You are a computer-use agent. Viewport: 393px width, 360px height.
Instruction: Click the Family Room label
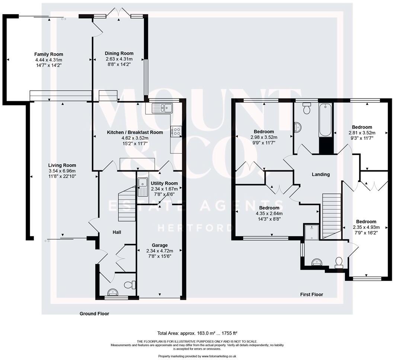click(x=49, y=54)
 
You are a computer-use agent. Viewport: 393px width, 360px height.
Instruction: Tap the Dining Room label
click(x=119, y=54)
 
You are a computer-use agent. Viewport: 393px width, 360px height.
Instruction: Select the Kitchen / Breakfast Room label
click(x=135, y=132)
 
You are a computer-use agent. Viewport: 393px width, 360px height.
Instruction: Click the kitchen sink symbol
click(x=163, y=108)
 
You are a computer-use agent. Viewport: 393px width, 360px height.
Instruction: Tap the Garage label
click(x=159, y=245)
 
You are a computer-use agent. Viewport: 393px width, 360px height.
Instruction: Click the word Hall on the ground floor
click(x=117, y=232)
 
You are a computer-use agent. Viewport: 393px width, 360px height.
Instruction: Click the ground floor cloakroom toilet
click(x=128, y=285)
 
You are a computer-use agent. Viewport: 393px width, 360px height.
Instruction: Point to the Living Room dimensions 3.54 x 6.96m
click(x=62, y=171)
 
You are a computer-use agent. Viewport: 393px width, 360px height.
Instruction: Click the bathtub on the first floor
click(x=325, y=121)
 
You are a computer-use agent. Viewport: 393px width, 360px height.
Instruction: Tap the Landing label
click(x=320, y=174)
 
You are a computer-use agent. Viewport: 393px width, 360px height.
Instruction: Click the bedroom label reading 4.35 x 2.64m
click(x=269, y=213)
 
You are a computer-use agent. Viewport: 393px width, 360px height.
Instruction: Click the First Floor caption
click(x=311, y=295)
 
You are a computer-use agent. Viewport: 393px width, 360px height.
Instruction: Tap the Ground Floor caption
click(x=94, y=314)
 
